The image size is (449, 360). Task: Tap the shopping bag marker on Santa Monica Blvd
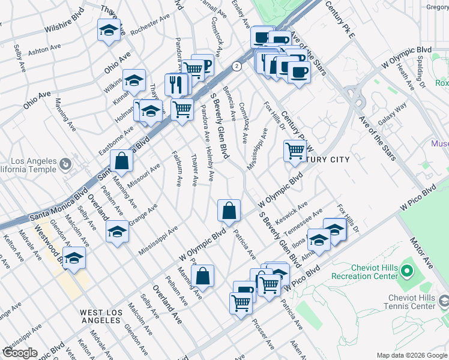click(x=121, y=161)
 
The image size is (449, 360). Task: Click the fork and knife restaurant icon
click(x=176, y=84)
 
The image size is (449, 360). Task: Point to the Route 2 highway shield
click(x=238, y=66)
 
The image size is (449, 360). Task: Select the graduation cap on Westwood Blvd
click(x=74, y=259)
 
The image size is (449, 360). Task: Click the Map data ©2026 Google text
click(x=411, y=355)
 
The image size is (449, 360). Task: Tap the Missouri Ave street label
click(x=143, y=175)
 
